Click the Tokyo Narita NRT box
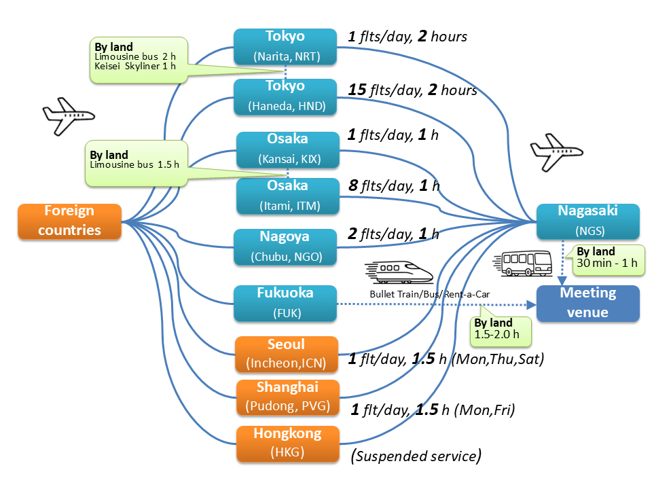pos(285,46)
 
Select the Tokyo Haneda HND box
pos(285,96)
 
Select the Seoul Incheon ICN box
pos(286,354)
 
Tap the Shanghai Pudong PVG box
pos(286,397)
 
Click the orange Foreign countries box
pos(69,221)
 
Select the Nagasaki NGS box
pos(587,221)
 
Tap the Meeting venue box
pos(587,303)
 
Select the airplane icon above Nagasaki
pos(556,150)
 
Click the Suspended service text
pos(416,455)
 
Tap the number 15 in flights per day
pos(357,90)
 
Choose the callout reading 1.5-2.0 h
pos(501,328)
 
